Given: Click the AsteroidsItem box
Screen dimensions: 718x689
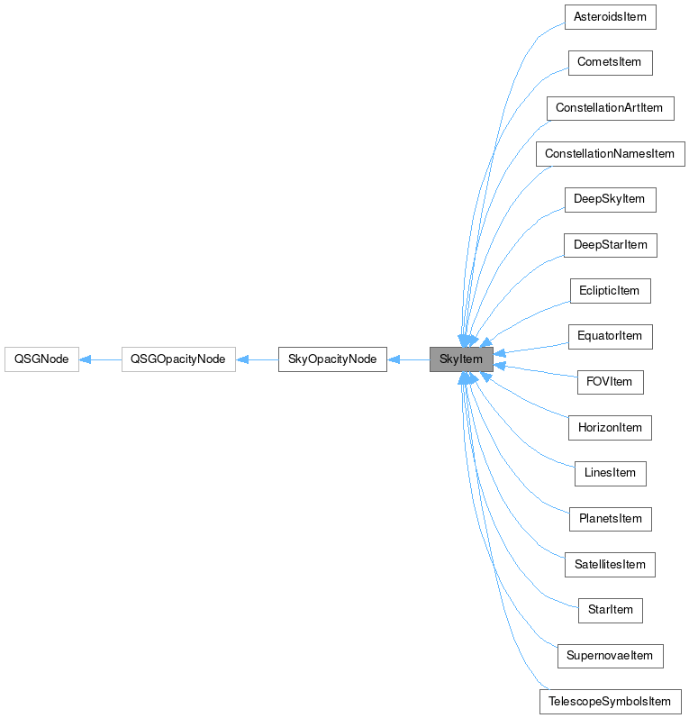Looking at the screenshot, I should click(x=610, y=17).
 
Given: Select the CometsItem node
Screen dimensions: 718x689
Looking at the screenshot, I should click(x=610, y=62).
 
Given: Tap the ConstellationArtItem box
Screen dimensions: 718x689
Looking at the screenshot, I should click(x=609, y=108).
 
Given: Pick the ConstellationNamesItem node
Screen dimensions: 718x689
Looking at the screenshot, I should click(x=610, y=153).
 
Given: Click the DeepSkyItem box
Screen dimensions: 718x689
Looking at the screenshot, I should click(x=610, y=199).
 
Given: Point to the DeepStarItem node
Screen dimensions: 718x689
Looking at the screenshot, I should click(x=610, y=245).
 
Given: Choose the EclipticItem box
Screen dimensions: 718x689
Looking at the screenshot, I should click(x=610, y=290).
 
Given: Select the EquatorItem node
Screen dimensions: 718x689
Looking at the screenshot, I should click(x=610, y=336).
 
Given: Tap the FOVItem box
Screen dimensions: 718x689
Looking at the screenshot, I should click(x=610, y=382).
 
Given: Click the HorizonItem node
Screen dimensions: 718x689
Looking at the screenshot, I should click(x=610, y=427).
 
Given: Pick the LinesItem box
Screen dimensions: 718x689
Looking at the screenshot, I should click(x=610, y=473).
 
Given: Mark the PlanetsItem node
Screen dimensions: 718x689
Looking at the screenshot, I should click(x=610, y=519).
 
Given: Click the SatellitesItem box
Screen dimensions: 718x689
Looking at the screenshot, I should click(x=610, y=565).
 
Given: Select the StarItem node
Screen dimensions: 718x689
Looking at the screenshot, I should click(x=610, y=610).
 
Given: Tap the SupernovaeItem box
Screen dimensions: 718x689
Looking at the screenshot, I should click(x=610, y=656).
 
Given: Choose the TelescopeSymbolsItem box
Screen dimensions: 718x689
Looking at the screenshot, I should click(x=610, y=702).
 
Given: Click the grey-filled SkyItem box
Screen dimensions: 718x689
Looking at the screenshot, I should click(x=461, y=359).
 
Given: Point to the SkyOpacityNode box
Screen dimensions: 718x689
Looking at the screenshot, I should click(x=332, y=359).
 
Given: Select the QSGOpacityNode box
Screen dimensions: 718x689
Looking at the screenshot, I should click(x=178, y=359).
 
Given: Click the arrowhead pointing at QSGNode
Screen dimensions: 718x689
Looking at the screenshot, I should click(x=85, y=359).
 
